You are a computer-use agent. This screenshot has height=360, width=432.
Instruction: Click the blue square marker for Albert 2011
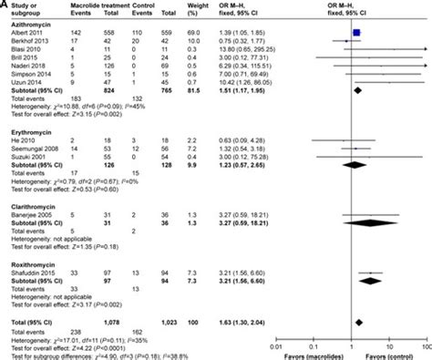[x=357, y=32]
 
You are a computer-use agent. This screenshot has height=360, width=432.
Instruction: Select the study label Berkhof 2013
[x=25, y=41]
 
